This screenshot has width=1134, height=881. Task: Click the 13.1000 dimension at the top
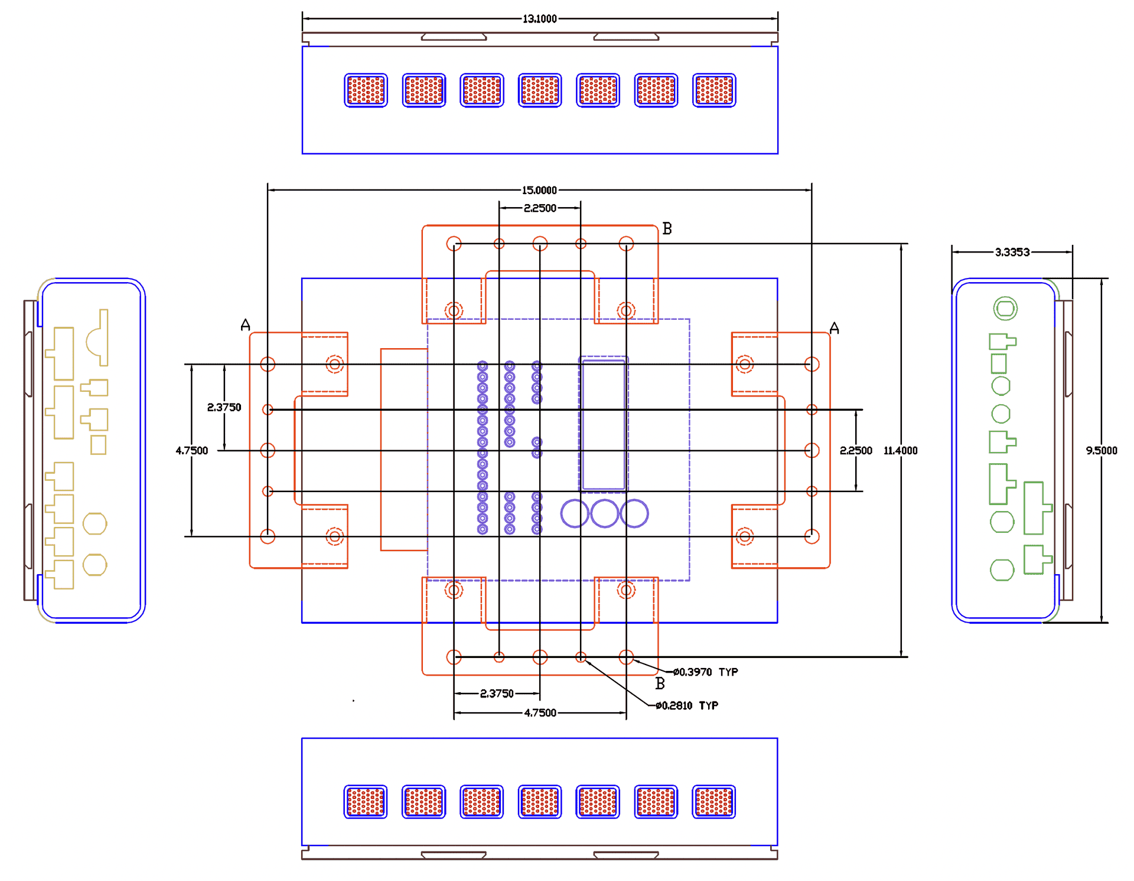pyautogui.click(x=539, y=19)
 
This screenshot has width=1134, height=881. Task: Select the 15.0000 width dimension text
pyautogui.click(x=539, y=190)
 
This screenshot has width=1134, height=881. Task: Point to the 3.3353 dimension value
pyautogui.click(x=1012, y=252)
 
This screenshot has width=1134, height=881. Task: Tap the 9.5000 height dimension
pyautogui.click(x=1101, y=450)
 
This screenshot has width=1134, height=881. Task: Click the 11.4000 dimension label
pyautogui.click(x=900, y=450)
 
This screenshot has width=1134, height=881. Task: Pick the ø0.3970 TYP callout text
pyautogui.click(x=705, y=672)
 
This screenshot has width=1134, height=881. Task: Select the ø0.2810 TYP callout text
pyautogui.click(x=686, y=705)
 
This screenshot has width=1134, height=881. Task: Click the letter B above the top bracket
pyautogui.click(x=667, y=228)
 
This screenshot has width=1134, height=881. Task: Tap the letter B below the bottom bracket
pyautogui.click(x=660, y=683)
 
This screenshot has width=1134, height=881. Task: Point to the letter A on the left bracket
pyautogui.click(x=246, y=325)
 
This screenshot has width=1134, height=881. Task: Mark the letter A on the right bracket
pyautogui.click(x=834, y=328)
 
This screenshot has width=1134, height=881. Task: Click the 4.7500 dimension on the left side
pyautogui.click(x=192, y=450)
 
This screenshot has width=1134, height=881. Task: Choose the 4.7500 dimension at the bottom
pyautogui.click(x=540, y=712)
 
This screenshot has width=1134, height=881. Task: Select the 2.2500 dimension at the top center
pyautogui.click(x=540, y=208)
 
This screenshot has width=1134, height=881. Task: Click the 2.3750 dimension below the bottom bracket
pyautogui.click(x=497, y=693)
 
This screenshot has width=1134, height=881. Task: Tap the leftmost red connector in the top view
pyautogui.click(x=366, y=90)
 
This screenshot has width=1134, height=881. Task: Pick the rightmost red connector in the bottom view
pyautogui.click(x=713, y=801)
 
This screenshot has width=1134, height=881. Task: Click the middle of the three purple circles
pyautogui.click(x=604, y=513)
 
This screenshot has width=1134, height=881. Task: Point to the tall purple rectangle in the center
pyautogui.click(x=603, y=425)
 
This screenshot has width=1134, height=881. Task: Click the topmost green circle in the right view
pyautogui.click(x=1005, y=308)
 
